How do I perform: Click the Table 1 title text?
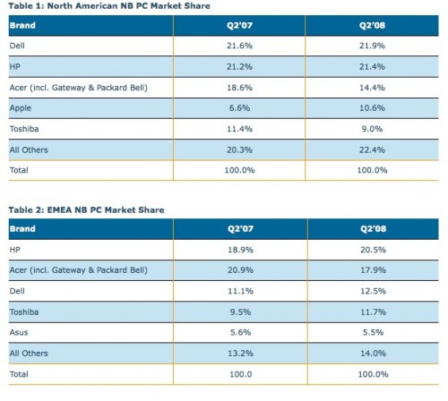(109, 6)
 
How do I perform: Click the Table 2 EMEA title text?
(86, 210)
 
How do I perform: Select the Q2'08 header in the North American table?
(372, 25)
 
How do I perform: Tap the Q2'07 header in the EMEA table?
(240, 229)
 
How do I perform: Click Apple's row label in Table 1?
(21, 108)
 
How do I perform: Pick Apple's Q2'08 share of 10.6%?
(372, 108)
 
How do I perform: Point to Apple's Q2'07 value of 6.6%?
(239, 108)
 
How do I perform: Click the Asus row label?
(19, 332)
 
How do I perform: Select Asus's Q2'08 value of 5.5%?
(373, 332)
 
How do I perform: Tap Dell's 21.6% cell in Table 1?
(239, 46)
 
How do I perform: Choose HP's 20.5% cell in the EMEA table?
(373, 250)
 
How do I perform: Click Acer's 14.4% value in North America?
(372, 88)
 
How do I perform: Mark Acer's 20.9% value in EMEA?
(240, 270)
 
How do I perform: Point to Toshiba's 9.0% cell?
(372, 129)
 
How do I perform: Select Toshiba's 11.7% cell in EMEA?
(373, 312)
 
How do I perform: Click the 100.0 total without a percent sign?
(241, 374)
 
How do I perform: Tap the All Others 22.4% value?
(372, 149)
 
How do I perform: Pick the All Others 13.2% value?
(240, 354)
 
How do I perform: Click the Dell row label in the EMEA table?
(17, 291)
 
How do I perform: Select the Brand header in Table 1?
(22, 25)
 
